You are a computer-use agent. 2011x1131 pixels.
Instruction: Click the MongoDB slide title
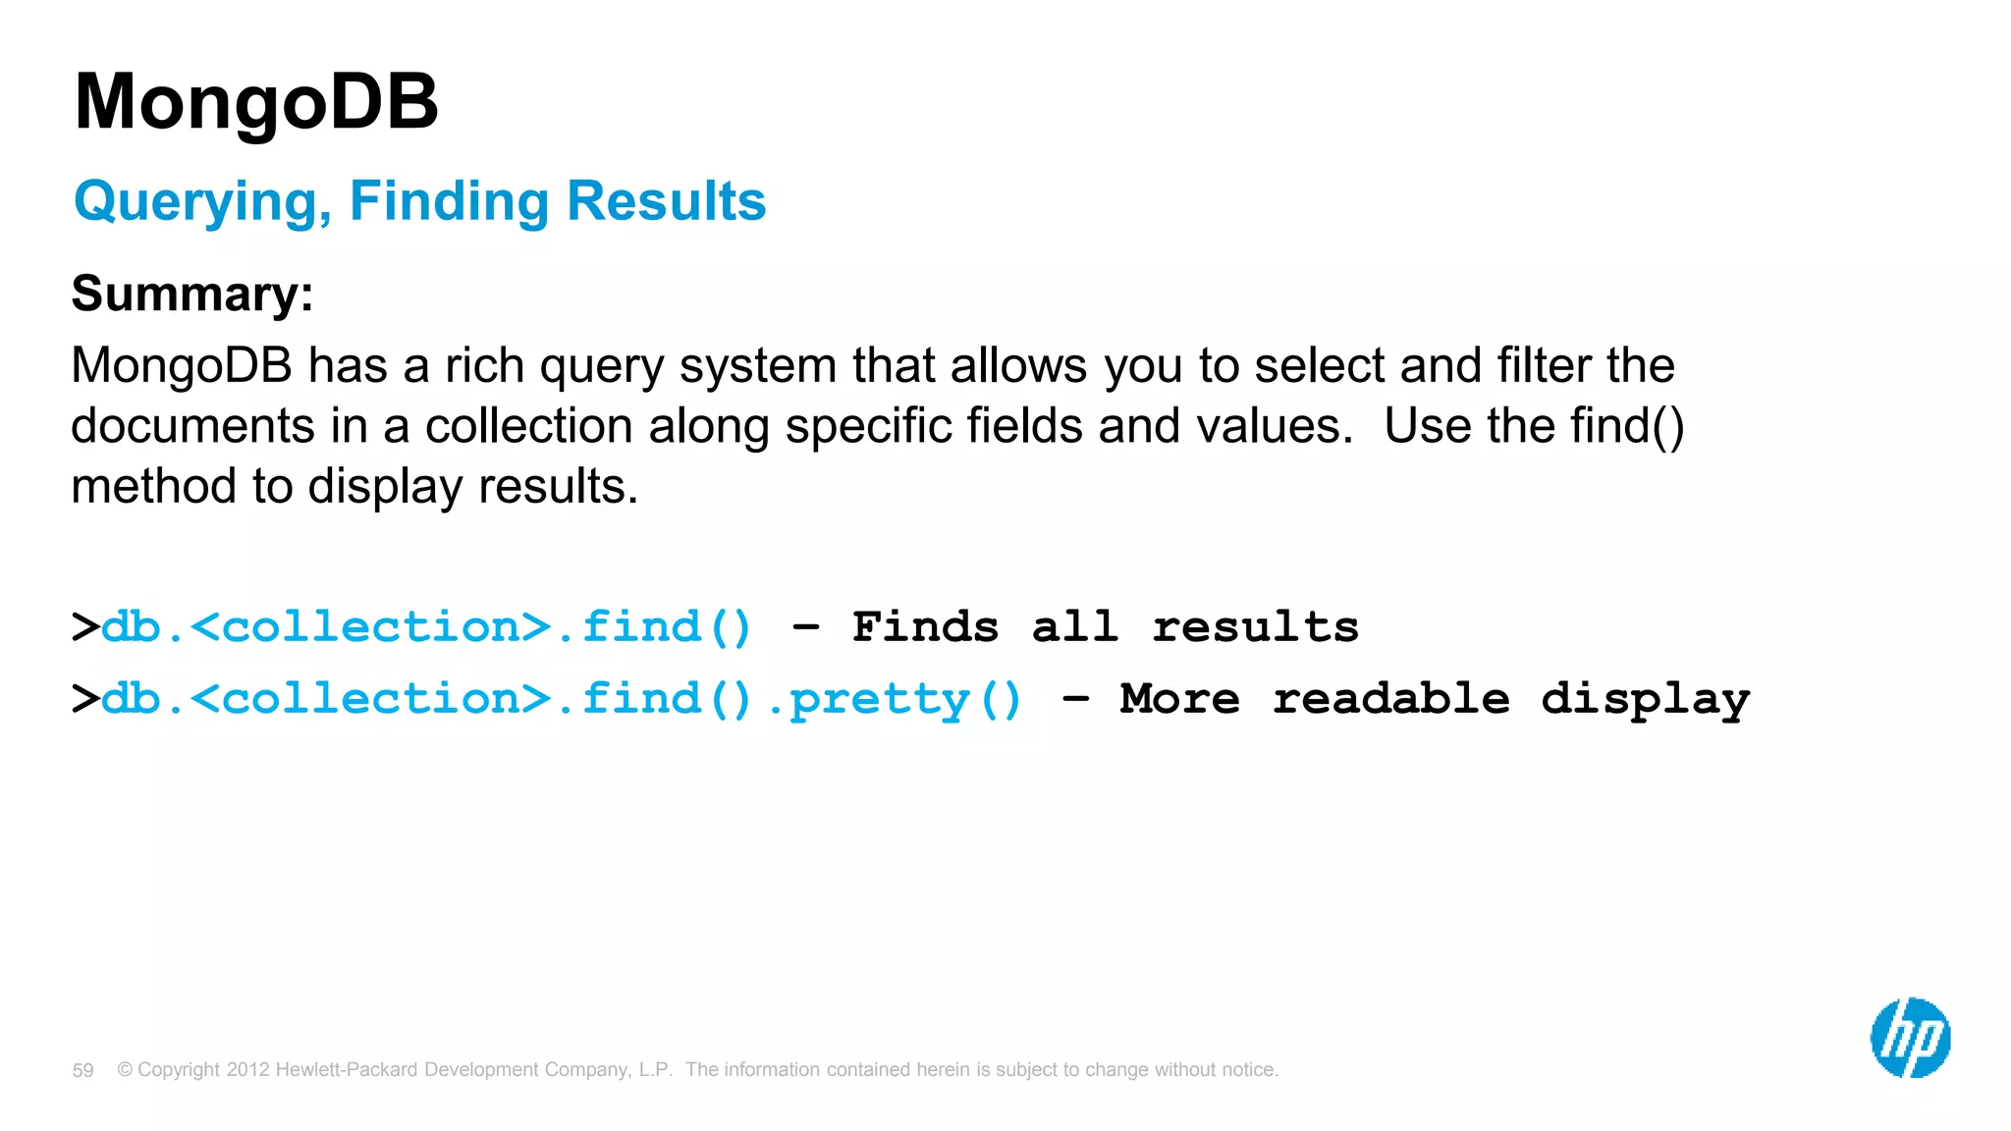(256, 102)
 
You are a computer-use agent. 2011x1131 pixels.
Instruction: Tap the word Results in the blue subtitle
(666, 201)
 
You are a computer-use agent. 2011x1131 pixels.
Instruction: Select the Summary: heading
(192, 294)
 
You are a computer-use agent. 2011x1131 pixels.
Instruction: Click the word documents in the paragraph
(192, 426)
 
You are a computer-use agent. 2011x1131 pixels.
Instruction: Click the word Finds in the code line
(925, 626)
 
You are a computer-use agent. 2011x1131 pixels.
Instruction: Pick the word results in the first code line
(1255, 626)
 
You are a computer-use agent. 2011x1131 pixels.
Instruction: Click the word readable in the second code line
(1390, 699)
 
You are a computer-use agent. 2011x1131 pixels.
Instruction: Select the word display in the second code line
(1645, 699)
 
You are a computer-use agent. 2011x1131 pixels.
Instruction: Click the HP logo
(1910, 1038)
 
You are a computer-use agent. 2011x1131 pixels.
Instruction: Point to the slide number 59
(82, 1070)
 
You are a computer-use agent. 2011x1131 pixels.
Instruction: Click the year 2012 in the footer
(247, 1069)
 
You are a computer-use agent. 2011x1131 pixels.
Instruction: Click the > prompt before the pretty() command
(85, 699)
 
